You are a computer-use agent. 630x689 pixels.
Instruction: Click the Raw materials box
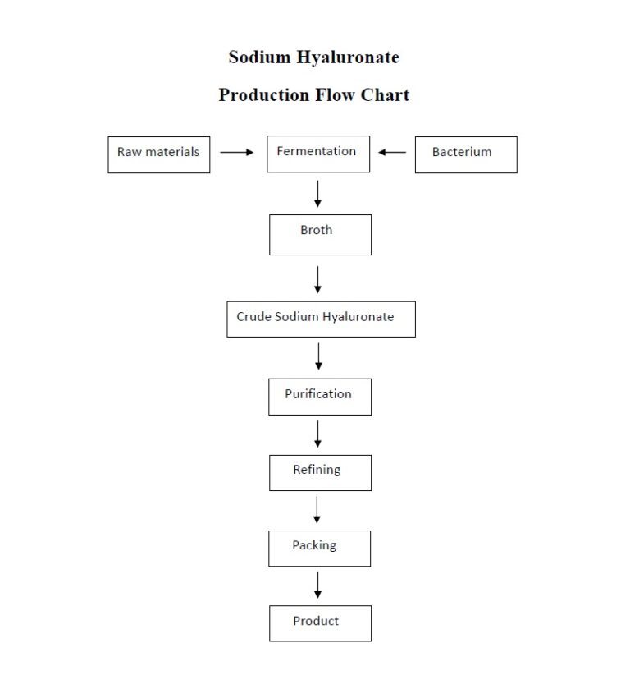point(158,154)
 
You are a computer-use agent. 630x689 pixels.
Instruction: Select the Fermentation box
point(317,154)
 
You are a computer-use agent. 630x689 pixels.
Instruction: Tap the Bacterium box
point(465,154)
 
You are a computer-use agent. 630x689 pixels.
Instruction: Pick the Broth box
point(319,234)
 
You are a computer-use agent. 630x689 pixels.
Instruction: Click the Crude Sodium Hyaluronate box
point(321,319)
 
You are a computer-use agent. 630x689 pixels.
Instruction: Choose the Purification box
point(319,396)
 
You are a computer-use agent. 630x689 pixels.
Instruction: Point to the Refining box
point(319,472)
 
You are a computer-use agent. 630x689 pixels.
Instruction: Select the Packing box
point(318,548)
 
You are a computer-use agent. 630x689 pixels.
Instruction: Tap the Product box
point(319,622)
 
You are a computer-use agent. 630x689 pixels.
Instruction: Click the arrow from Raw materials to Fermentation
point(237,152)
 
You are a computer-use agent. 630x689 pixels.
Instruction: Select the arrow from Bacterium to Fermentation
point(392,152)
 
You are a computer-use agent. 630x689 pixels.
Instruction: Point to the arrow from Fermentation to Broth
point(317,193)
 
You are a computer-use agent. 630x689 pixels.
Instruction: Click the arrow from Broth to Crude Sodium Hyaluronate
point(317,279)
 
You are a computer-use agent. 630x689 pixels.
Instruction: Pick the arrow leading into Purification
point(318,356)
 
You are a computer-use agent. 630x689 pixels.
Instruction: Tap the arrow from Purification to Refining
point(317,434)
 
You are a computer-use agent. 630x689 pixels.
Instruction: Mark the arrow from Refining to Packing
point(317,510)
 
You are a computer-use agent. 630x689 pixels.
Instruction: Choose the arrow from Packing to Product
point(317,585)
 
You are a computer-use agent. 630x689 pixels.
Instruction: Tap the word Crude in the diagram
point(253,317)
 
